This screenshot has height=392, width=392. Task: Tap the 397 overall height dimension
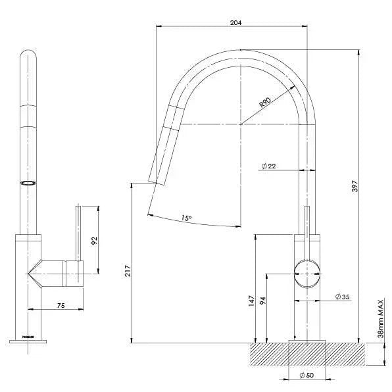(x=373, y=195)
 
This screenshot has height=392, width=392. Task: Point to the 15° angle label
(x=186, y=218)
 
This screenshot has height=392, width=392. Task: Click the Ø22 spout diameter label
(x=268, y=166)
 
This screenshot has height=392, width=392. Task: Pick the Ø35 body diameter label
(x=341, y=297)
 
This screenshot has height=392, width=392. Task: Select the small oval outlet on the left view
(x=29, y=184)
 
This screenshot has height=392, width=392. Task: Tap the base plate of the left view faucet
(x=29, y=341)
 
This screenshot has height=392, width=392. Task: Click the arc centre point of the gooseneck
(x=241, y=123)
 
